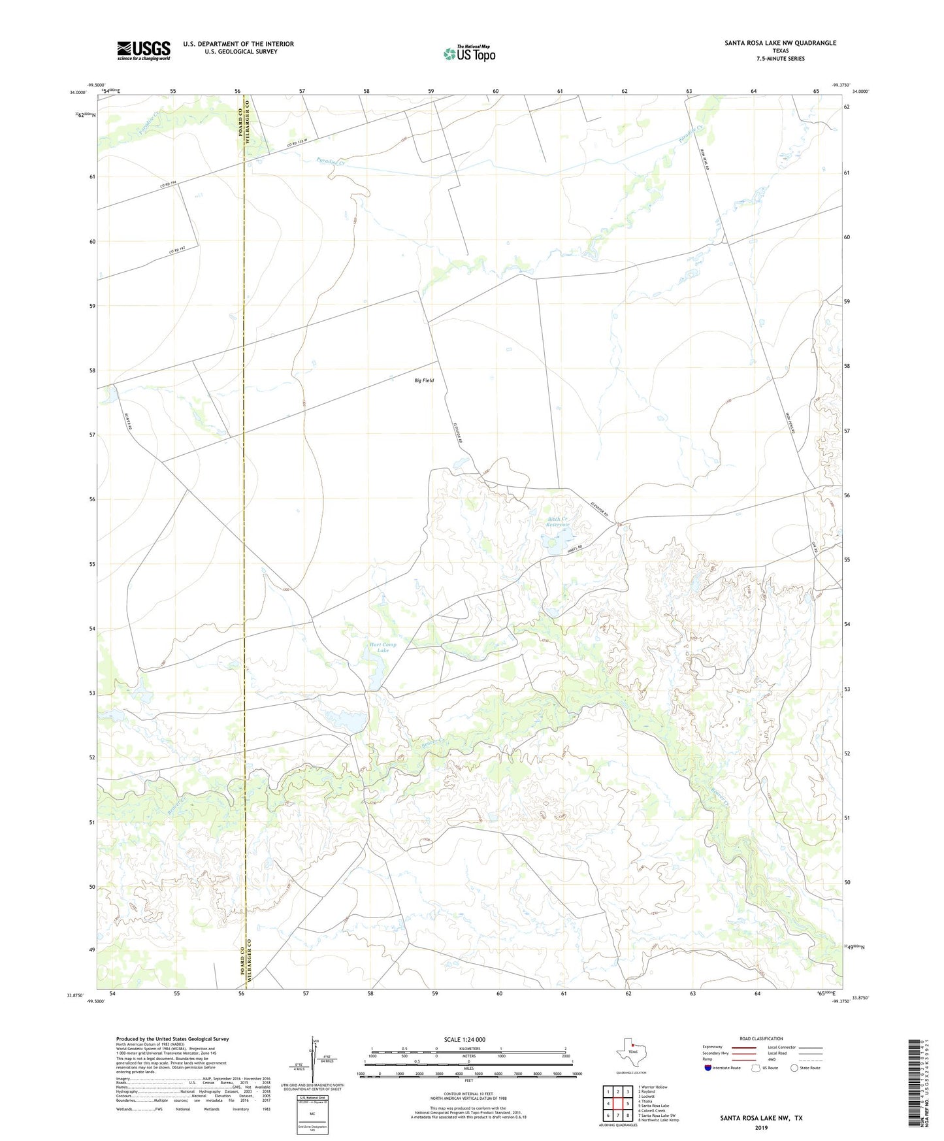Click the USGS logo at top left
[144, 50]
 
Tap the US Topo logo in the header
[469, 54]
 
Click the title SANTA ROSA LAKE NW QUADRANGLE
[780, 43]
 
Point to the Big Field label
[423, 380]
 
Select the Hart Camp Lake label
[383, 648]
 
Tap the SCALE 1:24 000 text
[464, 1040]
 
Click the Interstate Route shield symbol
[708, 1068]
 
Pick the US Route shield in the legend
[757, 1068]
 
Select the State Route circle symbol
[794, 1068]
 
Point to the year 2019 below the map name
[761, 1127]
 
